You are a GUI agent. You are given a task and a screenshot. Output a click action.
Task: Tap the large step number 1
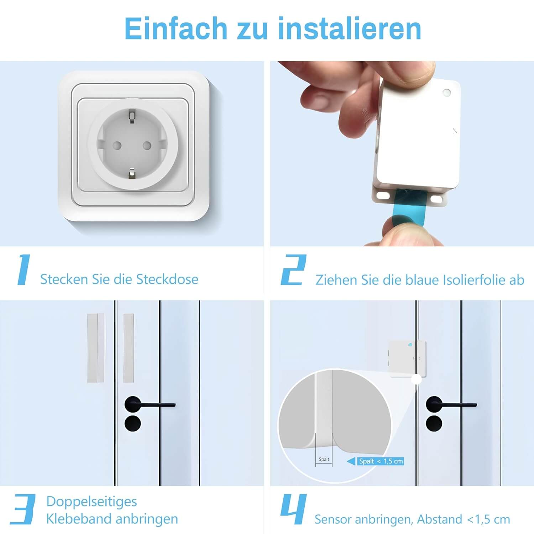tap(24, 269)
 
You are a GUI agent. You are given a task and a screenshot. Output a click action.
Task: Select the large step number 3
tap(23, 509)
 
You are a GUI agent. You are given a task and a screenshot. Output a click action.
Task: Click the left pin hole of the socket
tap(117, 145)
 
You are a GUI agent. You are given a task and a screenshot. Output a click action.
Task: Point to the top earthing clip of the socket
tap(132, 117)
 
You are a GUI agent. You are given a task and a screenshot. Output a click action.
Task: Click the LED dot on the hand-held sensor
tap(446, 93)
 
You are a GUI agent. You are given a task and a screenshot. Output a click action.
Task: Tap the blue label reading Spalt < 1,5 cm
tap(381, 461)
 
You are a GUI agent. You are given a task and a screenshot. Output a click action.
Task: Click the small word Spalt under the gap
tap(324, 460)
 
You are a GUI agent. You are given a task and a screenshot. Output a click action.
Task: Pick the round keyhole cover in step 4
tap(434, 424)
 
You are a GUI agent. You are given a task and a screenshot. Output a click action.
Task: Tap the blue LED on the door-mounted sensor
tap(410, 345)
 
